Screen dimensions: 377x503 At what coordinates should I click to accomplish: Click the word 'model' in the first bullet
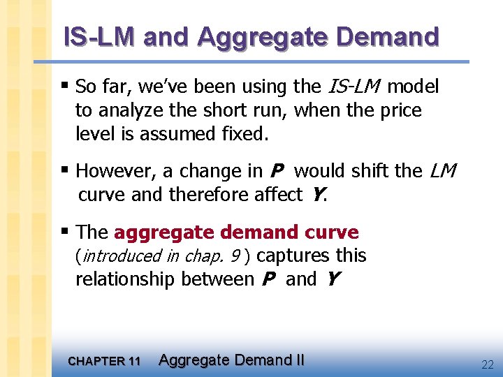point(413,87)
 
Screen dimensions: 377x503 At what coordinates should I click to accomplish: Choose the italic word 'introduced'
point(119,256)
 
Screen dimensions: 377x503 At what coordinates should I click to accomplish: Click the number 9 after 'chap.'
point(235,256)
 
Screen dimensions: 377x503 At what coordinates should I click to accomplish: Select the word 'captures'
point(292,256)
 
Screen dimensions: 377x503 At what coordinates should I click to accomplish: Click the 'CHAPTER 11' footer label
point(104,361)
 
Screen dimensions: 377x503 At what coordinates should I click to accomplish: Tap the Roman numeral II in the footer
point(298,360)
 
